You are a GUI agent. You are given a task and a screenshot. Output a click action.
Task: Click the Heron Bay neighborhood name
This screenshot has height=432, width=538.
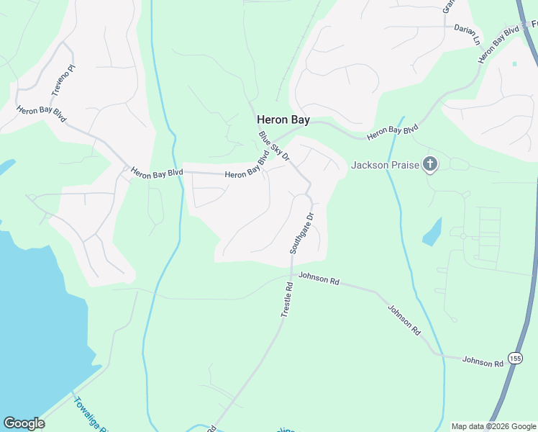click(x=283, y=120)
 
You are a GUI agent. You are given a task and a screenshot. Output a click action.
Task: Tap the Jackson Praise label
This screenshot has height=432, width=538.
click(x=386, y=166)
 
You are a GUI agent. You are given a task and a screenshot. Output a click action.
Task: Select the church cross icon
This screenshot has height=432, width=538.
click(x=429, y=165)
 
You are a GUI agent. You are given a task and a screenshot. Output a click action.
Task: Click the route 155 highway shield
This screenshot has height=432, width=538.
click(x=514, y=358)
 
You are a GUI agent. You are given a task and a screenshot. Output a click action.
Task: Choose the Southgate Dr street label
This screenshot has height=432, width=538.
click(x=301, y=233)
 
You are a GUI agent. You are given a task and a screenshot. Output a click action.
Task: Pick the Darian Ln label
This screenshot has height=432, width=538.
click(x=467, y=32)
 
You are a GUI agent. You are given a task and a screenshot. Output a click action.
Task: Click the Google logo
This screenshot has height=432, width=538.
click(x=24, y=423)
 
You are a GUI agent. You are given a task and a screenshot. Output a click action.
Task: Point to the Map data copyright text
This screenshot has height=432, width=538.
click(x=494, y=426)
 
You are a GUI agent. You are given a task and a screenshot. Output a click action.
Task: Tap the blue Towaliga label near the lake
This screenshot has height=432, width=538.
click(x=90, y=415)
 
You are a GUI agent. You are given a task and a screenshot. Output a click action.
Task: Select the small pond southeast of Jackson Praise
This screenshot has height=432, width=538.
click(x=432, y=232)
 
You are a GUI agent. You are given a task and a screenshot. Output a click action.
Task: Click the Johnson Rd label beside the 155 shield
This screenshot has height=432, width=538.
click(x=483, y=361)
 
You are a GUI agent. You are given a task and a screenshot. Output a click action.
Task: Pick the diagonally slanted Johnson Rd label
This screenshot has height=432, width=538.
click(x=404, y=320)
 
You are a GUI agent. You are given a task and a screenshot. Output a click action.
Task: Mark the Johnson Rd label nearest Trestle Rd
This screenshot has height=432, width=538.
click(x=319, y=278)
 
